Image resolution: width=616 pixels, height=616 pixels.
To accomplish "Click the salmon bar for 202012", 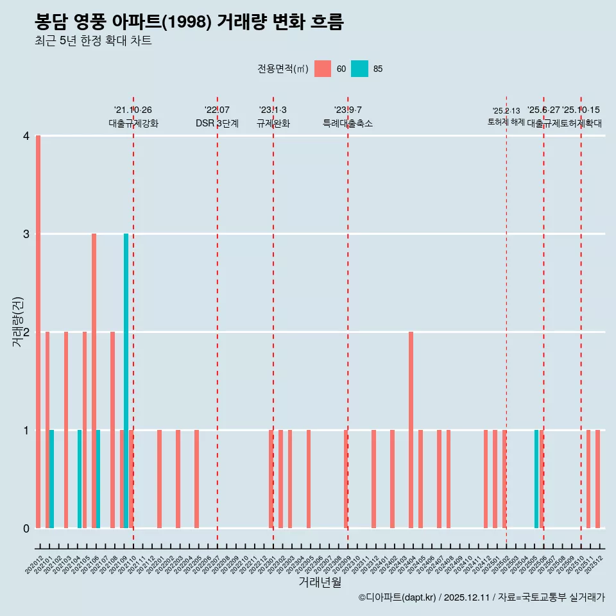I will [x=38, y=332].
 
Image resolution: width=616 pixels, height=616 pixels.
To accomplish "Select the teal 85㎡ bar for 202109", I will [x=126, y=381].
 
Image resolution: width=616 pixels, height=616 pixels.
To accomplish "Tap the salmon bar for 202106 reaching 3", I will [x=94, y=381].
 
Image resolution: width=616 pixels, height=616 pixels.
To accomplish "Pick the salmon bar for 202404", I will [x=411, y=430].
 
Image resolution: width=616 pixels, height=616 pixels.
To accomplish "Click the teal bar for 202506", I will [x=536, y=479].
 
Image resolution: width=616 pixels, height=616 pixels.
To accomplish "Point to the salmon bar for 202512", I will [x=597, y=479].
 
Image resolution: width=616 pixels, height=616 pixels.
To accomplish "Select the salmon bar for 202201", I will [x=159, y=479].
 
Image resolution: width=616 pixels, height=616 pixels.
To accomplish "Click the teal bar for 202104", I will [x=80, y=479].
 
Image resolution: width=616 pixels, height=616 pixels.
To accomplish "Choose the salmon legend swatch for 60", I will [x=323, y=69].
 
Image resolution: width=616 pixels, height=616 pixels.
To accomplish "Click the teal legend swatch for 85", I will [x=360, y=69].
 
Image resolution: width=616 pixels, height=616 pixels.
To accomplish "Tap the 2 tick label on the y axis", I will [x=26, y=332].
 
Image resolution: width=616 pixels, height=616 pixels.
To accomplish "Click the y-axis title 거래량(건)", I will [x=18, y=321].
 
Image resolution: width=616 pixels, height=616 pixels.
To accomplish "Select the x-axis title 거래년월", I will [x=320, y=582].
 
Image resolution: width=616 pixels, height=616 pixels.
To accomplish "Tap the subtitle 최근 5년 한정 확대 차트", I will [x=94, y=42].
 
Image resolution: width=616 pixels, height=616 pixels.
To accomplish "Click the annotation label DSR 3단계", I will [x=217, y=123].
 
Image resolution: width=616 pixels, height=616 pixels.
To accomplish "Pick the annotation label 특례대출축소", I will [x=347, y=123].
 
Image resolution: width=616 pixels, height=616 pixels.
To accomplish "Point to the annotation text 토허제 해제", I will [x=506, y=121].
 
